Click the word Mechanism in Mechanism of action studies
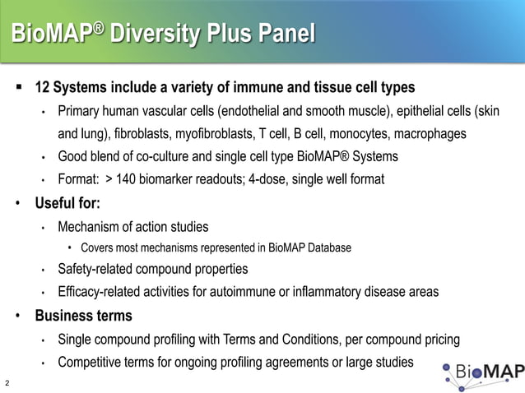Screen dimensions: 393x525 pos(90,226)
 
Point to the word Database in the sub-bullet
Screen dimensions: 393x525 pos(328,247)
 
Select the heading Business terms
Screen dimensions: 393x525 pos(82,316)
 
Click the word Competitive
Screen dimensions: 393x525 pos(92,363)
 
